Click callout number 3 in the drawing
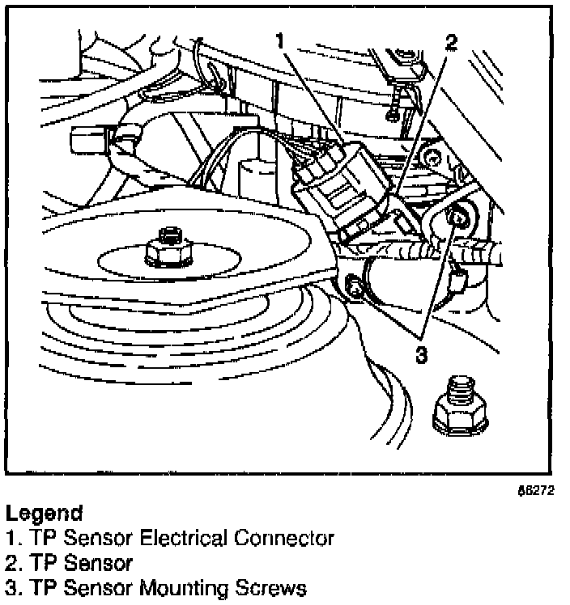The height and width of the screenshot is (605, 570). click(x=420, y=353)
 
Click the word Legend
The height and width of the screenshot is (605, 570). click(x=44, y=513)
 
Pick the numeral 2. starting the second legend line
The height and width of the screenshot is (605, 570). click(x=14, y=562)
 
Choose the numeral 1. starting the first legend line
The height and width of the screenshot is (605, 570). click(x=14, y=537)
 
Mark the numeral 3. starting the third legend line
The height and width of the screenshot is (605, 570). click(x=14, y=586)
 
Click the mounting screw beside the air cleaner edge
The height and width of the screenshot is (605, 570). click(x=352, y=286)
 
